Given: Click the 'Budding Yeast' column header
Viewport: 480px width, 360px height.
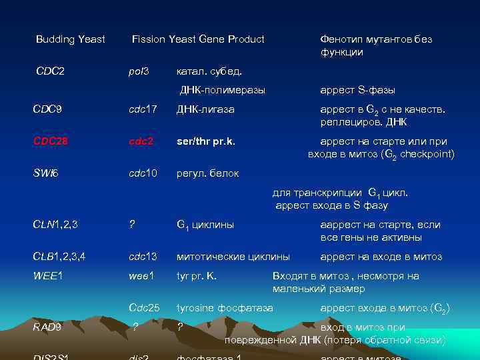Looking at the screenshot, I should (x=70, y=39).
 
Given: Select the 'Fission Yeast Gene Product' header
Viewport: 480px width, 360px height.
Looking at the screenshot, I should (x=198, y=39).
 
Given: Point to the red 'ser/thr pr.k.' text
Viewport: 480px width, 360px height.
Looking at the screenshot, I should (x=206, y=141).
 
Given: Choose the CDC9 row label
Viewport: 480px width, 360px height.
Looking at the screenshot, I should (x=47, y=109).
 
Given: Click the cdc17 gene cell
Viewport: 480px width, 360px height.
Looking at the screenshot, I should (x=143, y=109).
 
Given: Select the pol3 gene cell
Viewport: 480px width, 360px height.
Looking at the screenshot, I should (x=138, y=71).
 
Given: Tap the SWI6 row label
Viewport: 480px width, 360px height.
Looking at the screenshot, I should (x=46, y=173).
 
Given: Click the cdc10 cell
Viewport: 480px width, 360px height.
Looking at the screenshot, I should (x=143, y=173).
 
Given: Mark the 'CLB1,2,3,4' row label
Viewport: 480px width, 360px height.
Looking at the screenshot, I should (x=59, y=257).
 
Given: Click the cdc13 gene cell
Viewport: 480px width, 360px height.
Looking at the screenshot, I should (x=143, y=257).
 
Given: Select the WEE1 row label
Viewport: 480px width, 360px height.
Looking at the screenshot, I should (x=47, y=275).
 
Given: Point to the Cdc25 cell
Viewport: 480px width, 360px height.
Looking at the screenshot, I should (x=144, y=307).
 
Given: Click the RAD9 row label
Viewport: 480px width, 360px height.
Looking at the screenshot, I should (x=48, y=327).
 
